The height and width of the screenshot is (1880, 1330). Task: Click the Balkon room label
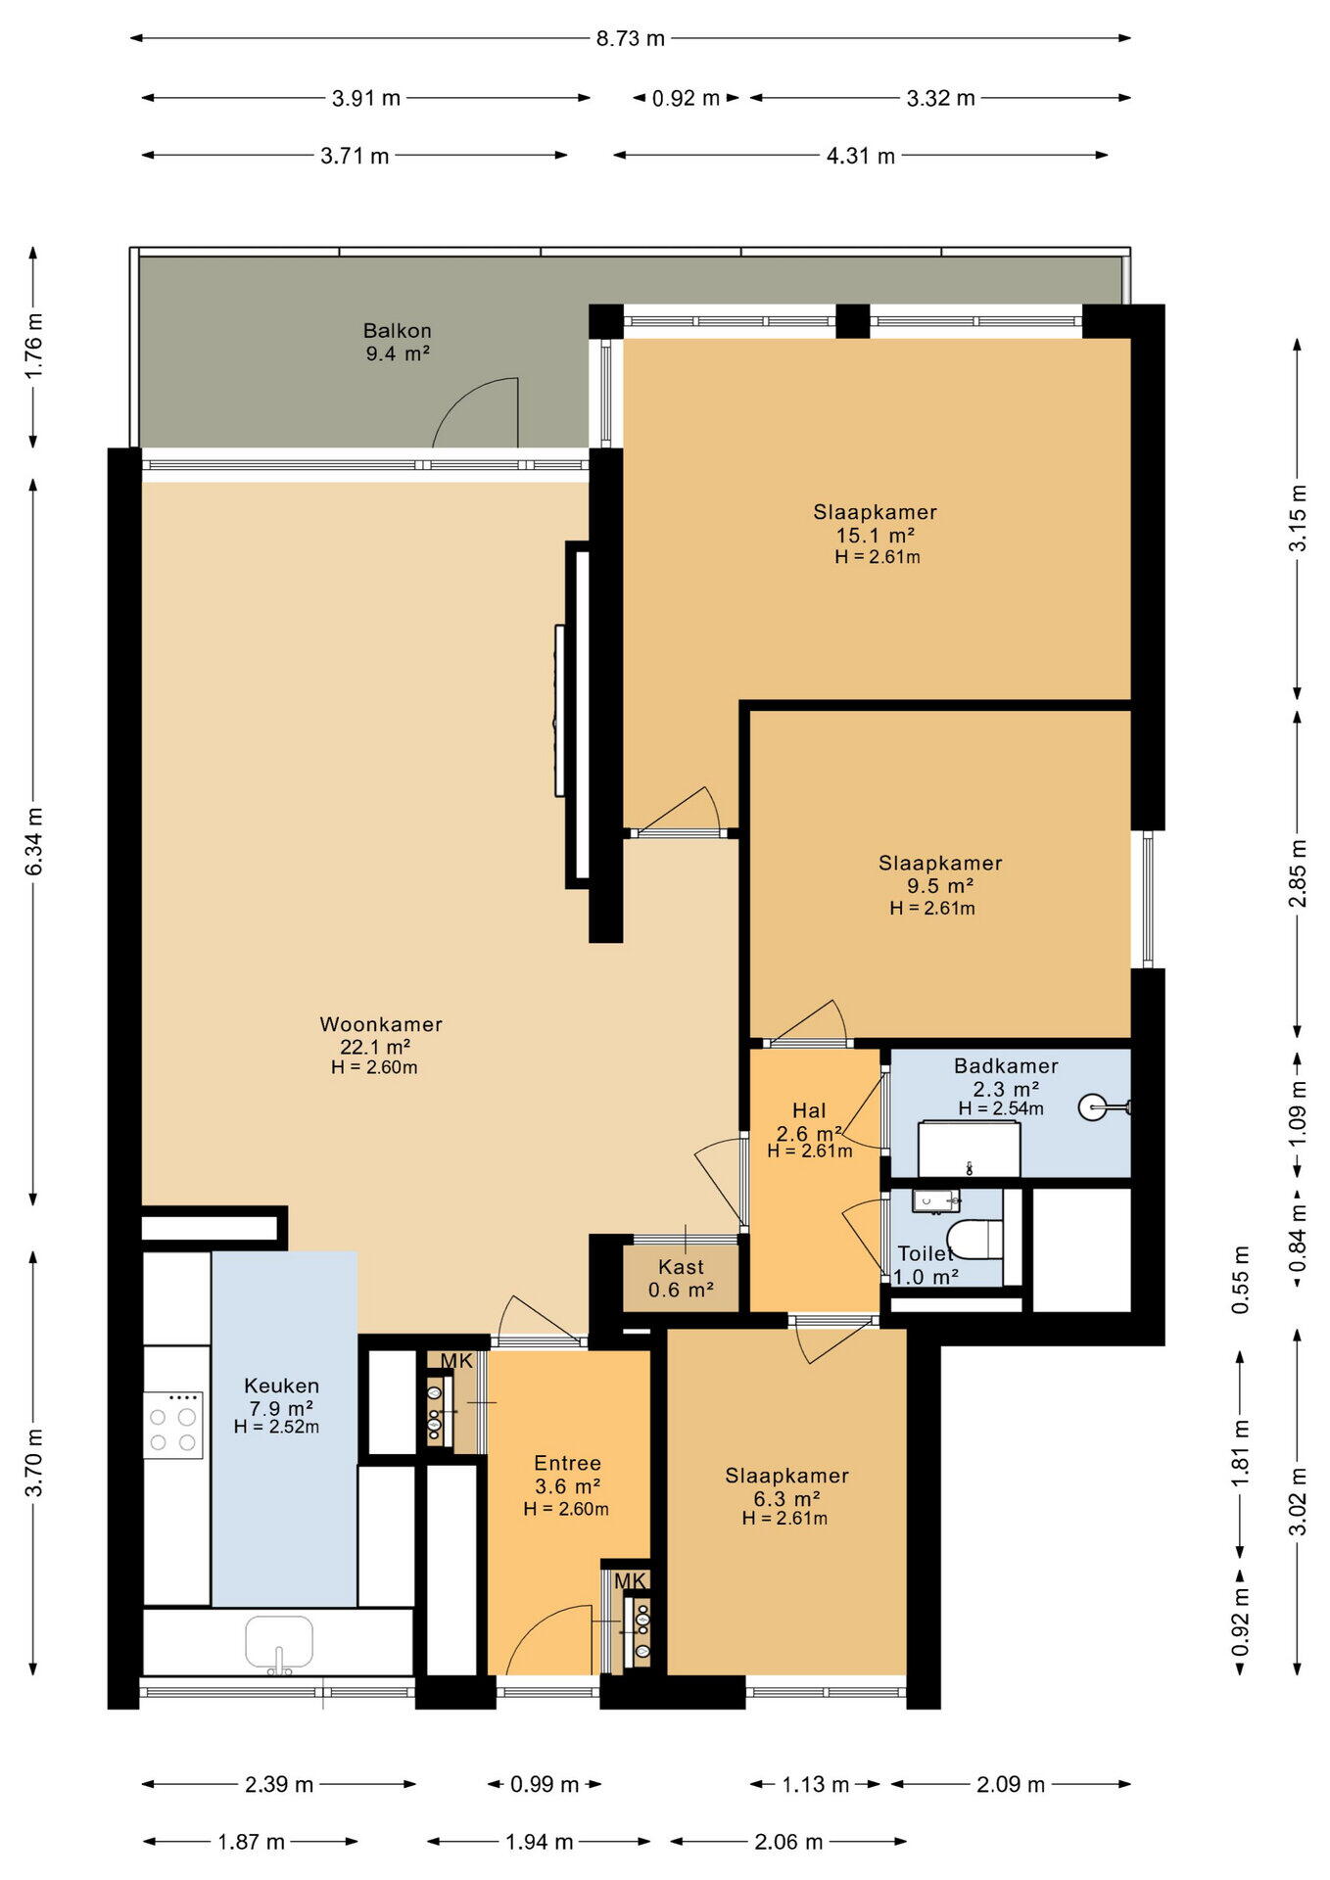click(398, 331)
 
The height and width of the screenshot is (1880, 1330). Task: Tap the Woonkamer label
click(381, 1024)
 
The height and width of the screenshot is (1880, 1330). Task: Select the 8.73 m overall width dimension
click(631, 38)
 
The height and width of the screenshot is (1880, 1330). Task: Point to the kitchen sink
click(279, 1642)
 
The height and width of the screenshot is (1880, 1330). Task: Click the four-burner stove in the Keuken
click(172, 1425)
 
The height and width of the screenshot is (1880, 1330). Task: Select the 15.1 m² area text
click(876, 535)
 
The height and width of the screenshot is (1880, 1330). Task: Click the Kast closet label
click(681, 1267)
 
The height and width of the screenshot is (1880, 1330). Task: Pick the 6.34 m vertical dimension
click(33, 842)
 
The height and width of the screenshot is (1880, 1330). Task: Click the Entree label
click(567, 1463)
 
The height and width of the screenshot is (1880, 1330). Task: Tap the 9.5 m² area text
click(940, 886)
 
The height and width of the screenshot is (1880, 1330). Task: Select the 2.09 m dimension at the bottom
click(1011, 1784)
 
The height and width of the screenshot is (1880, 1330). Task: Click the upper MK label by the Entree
click(456, 1361)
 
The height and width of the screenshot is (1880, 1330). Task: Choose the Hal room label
click(809, 1110)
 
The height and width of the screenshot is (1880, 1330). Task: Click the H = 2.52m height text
click(276, 1427)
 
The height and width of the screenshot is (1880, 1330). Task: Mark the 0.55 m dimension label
click(1241, 1280)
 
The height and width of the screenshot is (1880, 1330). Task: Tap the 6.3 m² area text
click(786, 1499)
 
